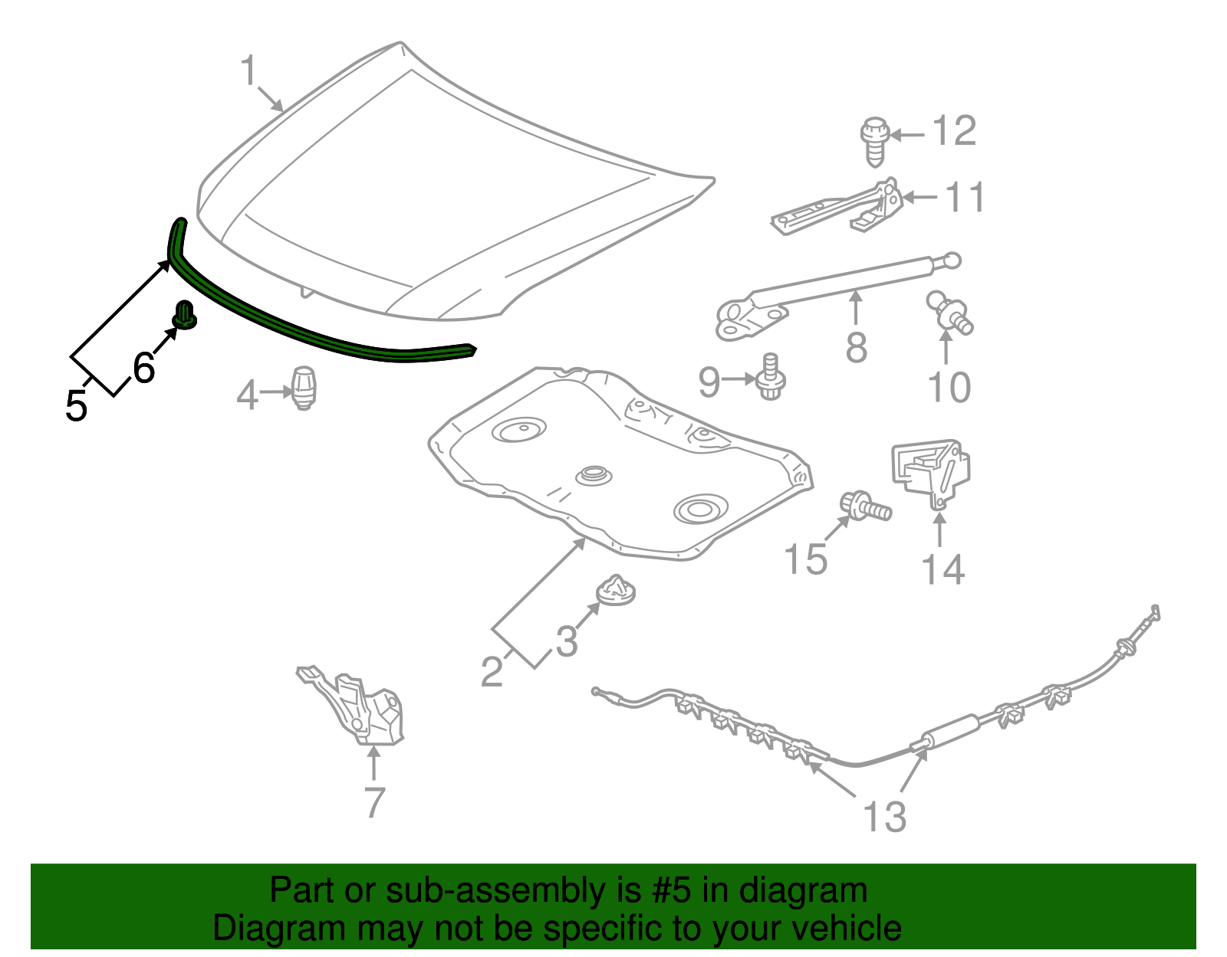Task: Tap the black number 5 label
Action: click(x=77, y=405)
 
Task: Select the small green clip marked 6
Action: click(x=185, y=316)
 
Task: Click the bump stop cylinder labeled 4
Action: click(x=304, y=387)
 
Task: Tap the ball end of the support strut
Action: click(x=952, y=261)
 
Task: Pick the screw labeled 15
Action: click(x=867, y=506)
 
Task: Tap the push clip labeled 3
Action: click(x=617, y=591)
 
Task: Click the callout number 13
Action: click(x=884, y=817)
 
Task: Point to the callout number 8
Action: click(x=856, y=347)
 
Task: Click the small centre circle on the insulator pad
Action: click(x=591, y=474)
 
